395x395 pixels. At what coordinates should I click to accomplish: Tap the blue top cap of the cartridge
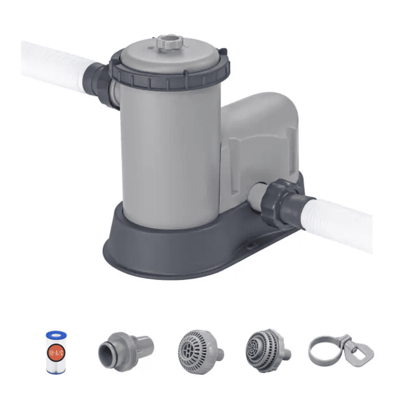[x=56, y=335]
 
